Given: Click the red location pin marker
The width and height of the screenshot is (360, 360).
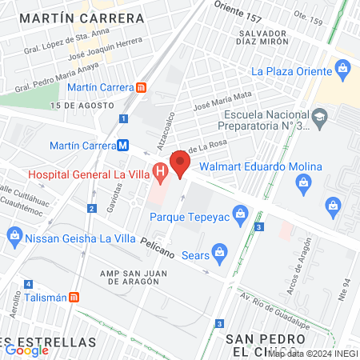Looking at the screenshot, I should pos(181,165).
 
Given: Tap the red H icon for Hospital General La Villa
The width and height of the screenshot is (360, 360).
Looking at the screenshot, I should pos(160,170).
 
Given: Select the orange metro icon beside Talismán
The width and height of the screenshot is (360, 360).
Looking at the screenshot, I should pos(74,297).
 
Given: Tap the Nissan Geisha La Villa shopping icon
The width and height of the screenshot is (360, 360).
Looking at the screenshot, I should pos(14,235).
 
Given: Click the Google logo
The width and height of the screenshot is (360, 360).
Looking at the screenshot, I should pos(26,350).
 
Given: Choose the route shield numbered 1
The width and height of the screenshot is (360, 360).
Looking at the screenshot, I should pos(123,118).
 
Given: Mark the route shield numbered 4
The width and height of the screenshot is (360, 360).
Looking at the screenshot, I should pos(28,284).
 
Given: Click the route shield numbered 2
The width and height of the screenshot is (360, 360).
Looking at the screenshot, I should pos(92,209).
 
